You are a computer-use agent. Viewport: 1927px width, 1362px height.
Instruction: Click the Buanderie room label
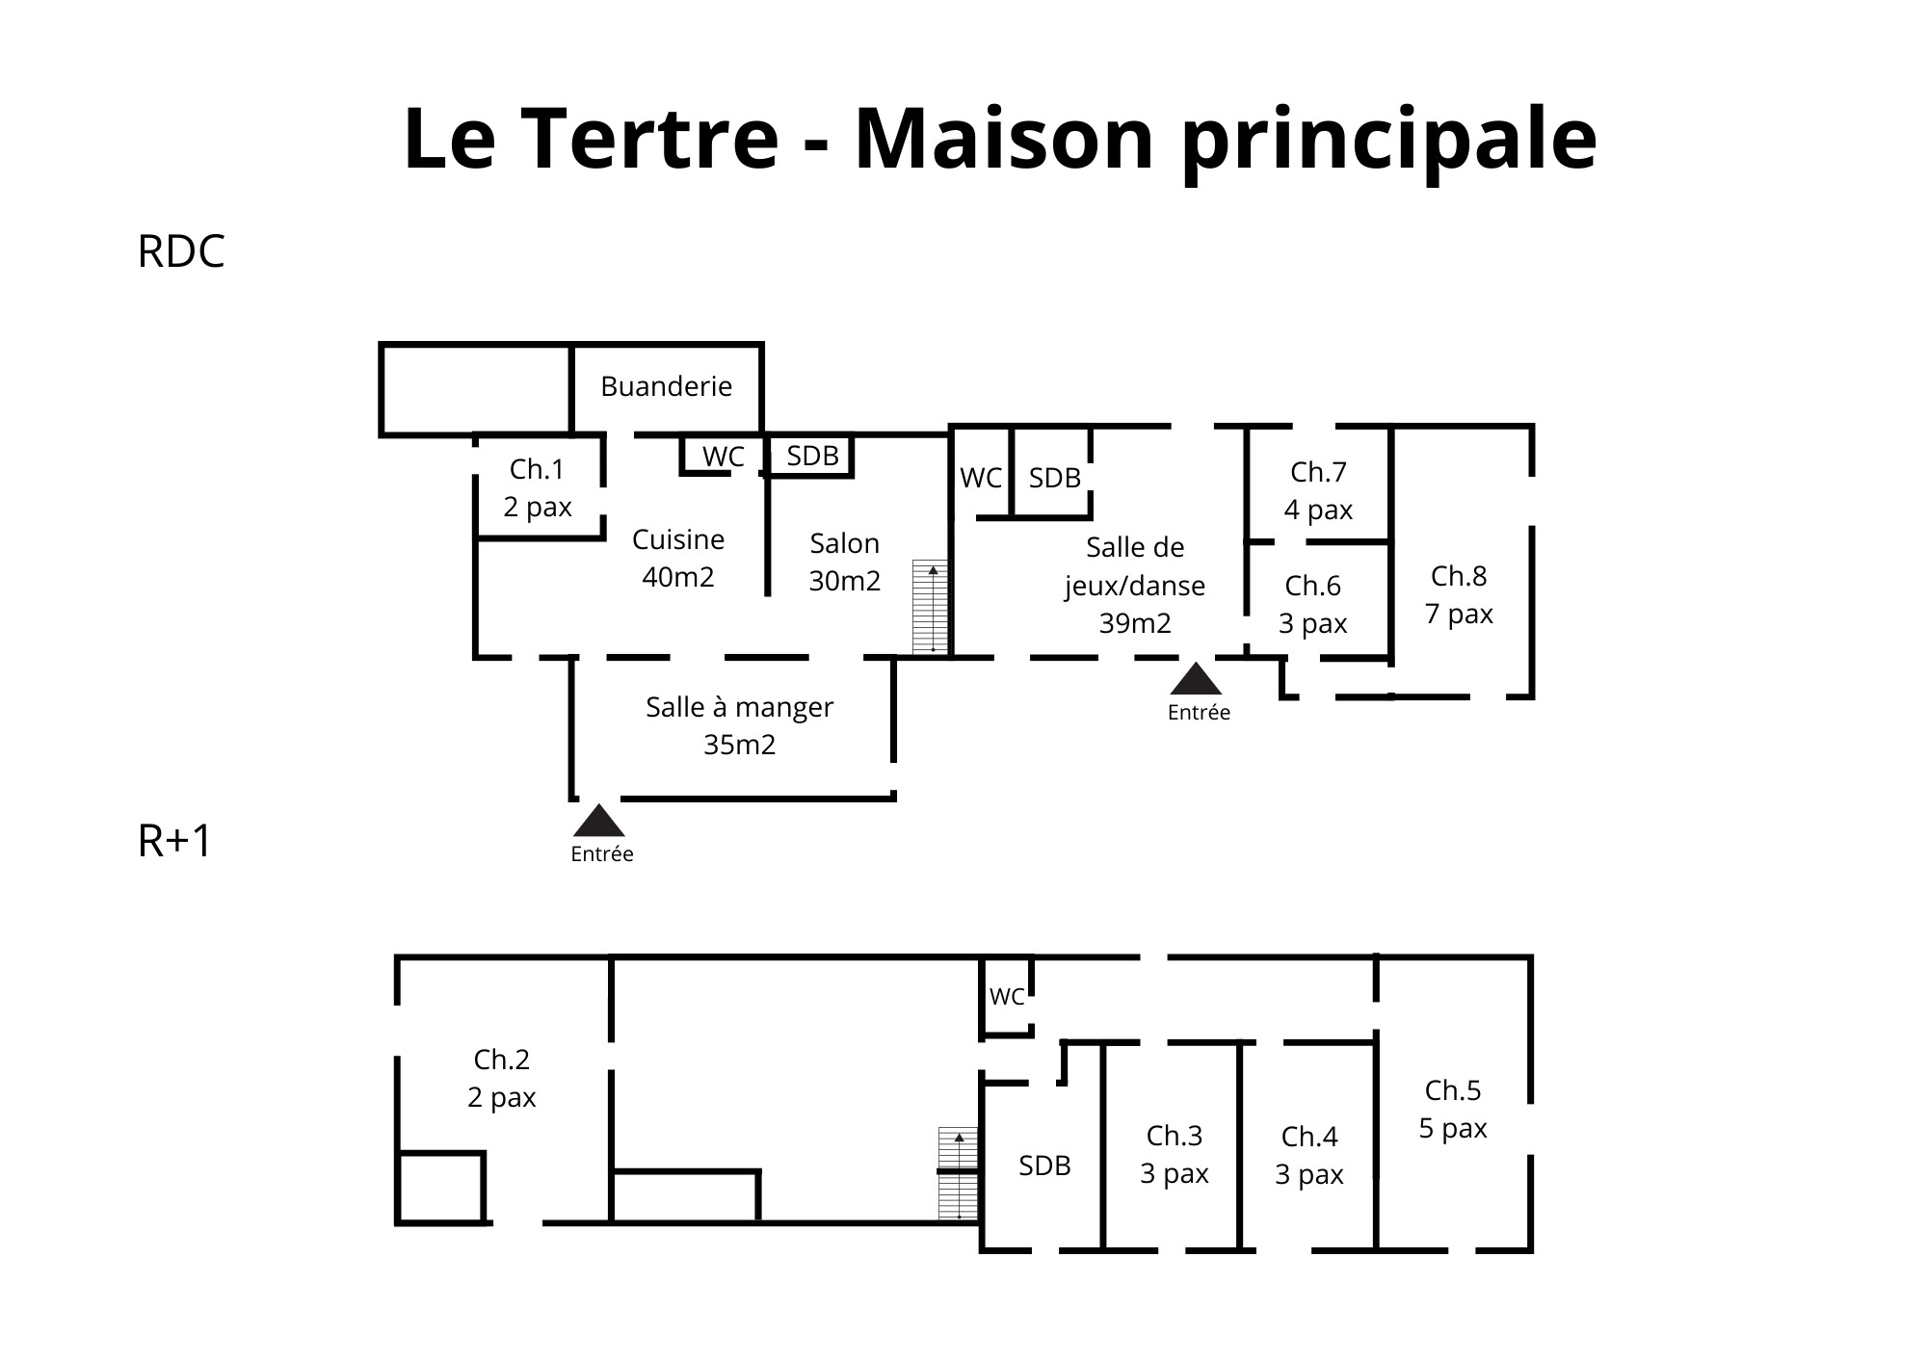click(x=666, y=386)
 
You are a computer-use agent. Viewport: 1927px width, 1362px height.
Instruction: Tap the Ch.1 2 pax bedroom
click(x=538, y=487)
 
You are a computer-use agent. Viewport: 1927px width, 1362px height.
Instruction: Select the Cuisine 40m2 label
click(x=678, y=558)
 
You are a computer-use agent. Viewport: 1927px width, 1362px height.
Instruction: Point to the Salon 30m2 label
click(x=845, y=562)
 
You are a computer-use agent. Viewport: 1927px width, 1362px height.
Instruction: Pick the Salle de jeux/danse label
click(x=1135, y=585)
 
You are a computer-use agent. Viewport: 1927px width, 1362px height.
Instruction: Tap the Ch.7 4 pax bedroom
click(x=1318, y=490)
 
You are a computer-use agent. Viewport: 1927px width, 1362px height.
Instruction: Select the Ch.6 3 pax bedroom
click(x=1313, y=604)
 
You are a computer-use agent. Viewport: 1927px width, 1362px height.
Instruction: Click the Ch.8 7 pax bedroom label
click(x=1459, y=594)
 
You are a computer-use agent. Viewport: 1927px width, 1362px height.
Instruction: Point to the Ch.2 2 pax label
click(x=502, y=1078)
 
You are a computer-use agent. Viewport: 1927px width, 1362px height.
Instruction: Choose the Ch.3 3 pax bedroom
click(x=1175, y=1154)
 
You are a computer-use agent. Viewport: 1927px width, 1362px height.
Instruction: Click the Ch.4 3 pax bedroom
click(x=1309, y=1155)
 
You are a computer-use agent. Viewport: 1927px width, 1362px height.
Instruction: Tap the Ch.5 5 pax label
click(x=1453, y=1109)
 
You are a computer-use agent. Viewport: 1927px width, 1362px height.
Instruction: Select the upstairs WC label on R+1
click(x=1007, y=997)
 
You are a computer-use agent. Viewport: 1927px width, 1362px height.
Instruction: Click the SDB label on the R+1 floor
click(x=1044, y=1166)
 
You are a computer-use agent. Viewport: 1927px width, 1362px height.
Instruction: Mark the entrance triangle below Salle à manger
click(x=599, y=820)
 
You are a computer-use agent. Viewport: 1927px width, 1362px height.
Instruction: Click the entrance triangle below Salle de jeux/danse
click(x=1197, y=678)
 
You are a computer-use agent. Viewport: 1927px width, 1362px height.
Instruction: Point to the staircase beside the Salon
click(x=931, y=607)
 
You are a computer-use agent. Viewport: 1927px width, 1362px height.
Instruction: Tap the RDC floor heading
click(x=181, y=251)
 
